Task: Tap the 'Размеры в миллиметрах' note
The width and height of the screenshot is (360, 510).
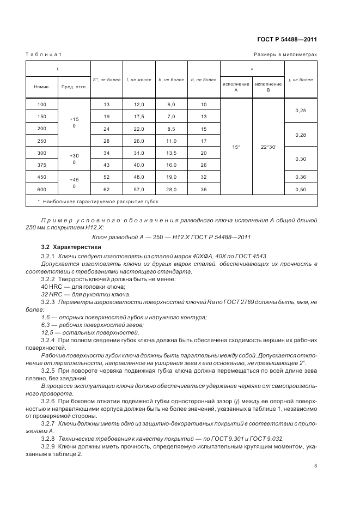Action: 285,54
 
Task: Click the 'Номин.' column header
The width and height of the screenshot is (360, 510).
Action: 42,87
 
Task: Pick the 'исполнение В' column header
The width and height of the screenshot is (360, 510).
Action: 269,87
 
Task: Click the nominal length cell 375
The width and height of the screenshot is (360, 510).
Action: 42,165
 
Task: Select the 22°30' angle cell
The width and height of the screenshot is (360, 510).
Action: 269,147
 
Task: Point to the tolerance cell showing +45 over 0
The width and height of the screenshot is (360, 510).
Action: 74,183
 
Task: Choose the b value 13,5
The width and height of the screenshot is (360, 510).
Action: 172,153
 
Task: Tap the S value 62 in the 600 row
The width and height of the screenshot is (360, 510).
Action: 106,189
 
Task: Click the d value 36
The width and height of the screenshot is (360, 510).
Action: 204,189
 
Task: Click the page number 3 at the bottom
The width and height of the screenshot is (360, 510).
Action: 315,465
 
